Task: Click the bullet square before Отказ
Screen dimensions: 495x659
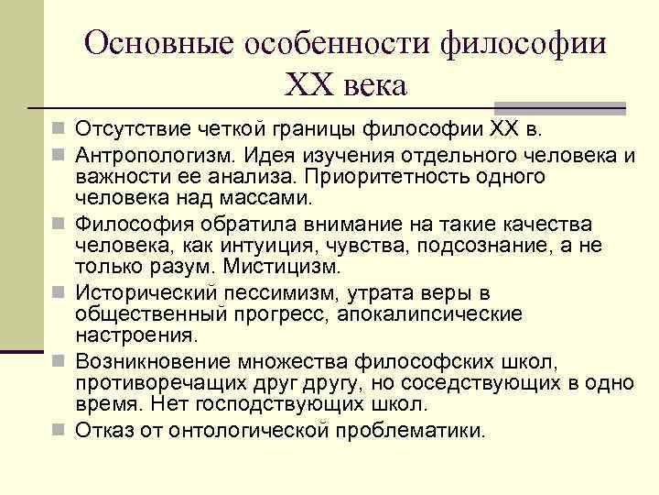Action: coord(59,428)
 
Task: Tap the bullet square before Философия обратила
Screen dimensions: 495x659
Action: coord(59,223)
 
